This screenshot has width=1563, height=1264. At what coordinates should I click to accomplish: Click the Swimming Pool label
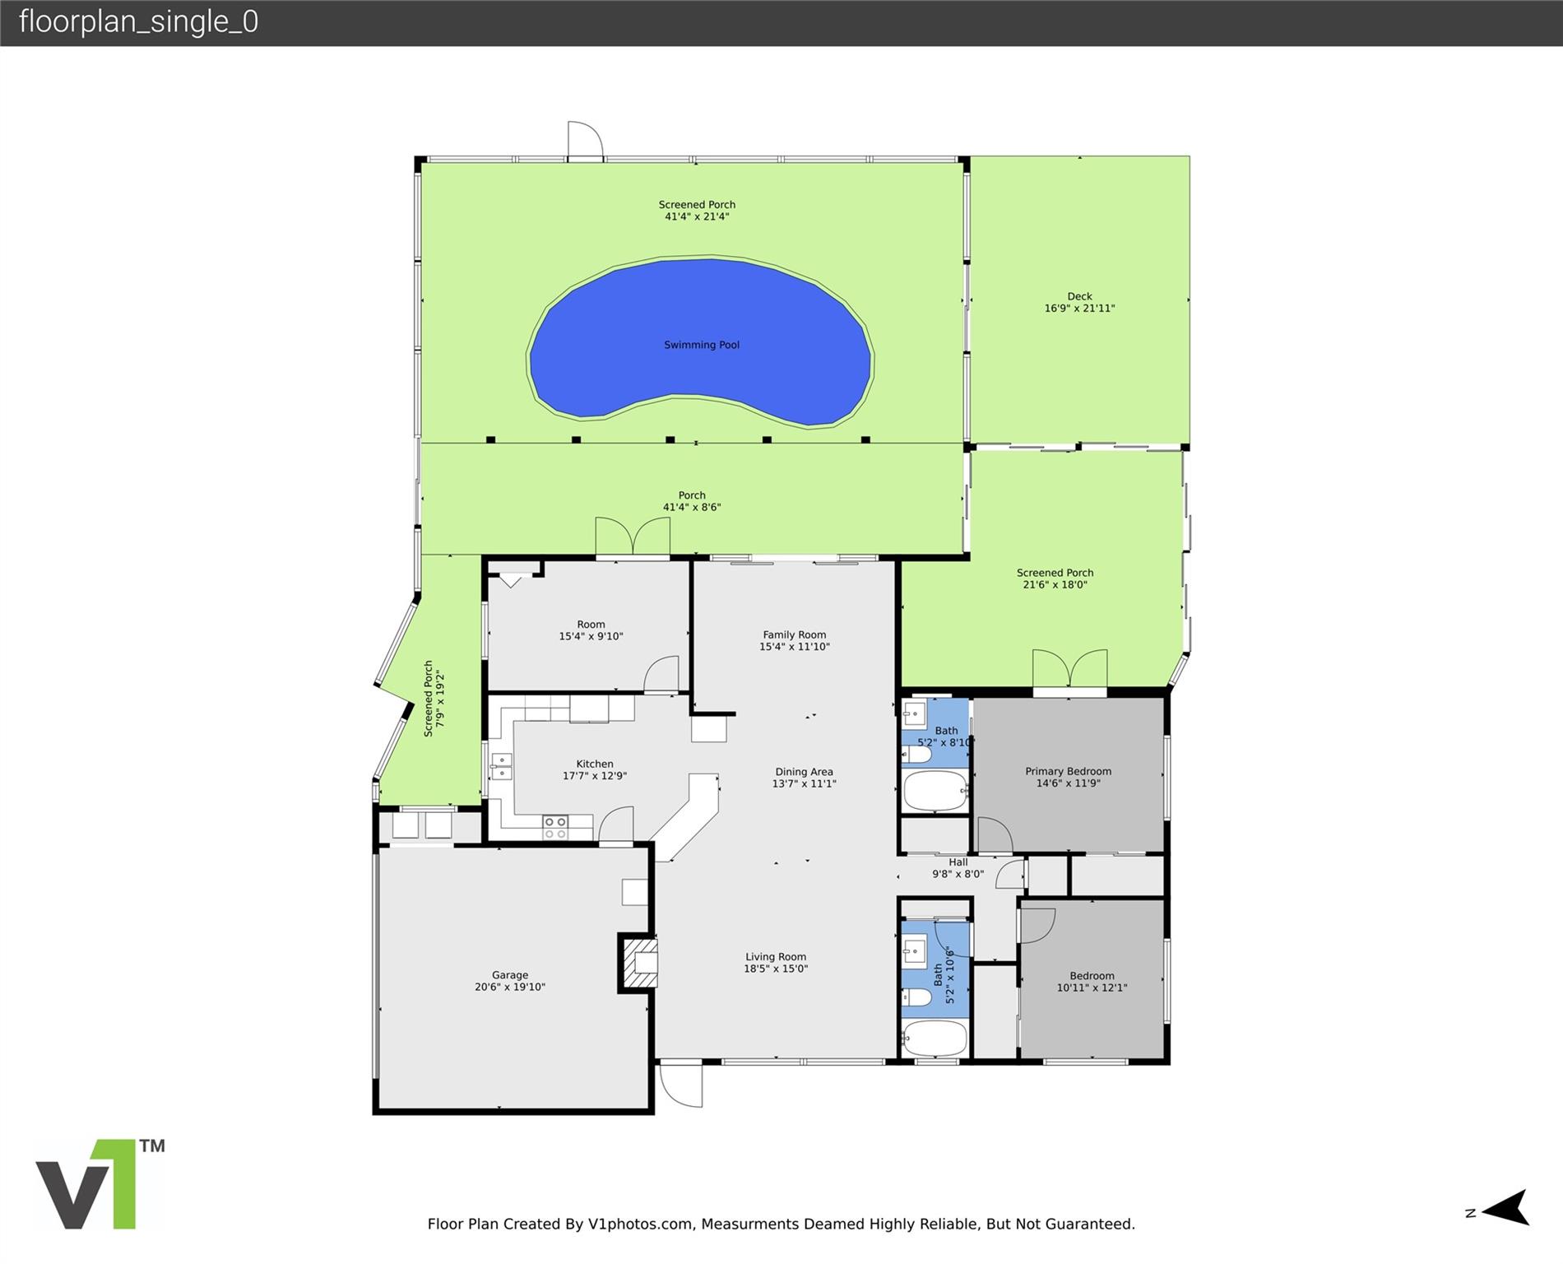click(x=702, y=345)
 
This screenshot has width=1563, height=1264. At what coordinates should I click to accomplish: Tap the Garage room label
click(x=510, y=975)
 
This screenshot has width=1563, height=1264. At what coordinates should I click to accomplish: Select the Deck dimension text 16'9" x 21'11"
click(x=1079, y=309)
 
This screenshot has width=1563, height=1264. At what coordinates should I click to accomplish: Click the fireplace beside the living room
click(x=639, y=963)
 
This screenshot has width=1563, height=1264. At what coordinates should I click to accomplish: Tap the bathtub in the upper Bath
click(x=935, y=790)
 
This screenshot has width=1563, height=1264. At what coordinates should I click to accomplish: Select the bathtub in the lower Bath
click(x=935, y=1039)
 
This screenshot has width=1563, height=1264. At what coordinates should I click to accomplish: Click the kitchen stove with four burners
click(x=555, y=827)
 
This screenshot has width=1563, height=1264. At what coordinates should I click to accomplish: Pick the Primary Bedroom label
click(x=1068, y=771)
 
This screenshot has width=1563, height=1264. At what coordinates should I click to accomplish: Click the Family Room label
click(x=794, y=634)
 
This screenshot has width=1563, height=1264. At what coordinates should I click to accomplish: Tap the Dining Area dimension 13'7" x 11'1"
click(x=804, y=784)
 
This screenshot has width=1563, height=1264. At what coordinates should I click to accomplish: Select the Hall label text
click(x=958, y=862)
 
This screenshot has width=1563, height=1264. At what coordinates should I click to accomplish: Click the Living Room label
click(x=776, y=957)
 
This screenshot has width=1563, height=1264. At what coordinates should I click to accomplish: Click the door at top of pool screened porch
click(x=585, y=139)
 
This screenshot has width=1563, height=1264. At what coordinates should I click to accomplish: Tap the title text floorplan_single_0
click(x=138, y=21)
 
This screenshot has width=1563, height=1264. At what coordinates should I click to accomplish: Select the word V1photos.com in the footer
click(x=640, y=1224)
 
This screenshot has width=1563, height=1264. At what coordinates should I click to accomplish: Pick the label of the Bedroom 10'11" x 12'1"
click(x=1092, y=976)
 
